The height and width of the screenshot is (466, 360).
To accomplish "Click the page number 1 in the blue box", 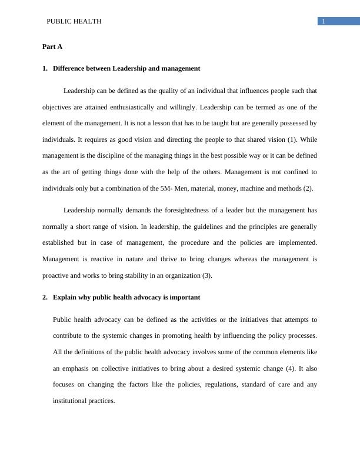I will pos(323,22).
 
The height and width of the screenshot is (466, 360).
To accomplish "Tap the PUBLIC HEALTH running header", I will pos(74,21).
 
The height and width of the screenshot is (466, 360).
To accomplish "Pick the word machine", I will pos(261,189).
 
